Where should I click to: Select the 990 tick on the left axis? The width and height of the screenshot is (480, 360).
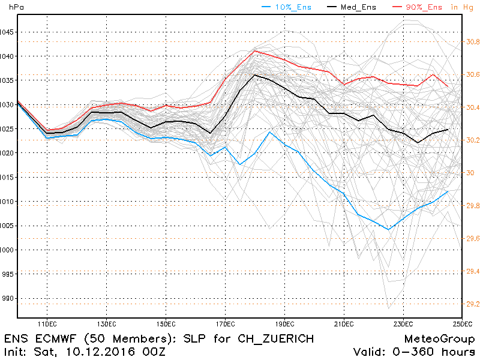pyautogui.click(x=10, y=298)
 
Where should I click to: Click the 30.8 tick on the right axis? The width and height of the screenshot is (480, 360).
pyautogui.click(x=473, y=42)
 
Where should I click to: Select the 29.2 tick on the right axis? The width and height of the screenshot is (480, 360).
pyautogui.click(x=473, y=304)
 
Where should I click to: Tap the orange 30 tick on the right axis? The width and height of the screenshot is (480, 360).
pyautogui.click(x=470, y=173)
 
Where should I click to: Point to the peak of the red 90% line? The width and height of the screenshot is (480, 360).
pyautogui.click(x=255, y=50)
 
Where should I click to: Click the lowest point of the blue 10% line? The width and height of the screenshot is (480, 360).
pyautogui.click(x=389, y=229)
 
